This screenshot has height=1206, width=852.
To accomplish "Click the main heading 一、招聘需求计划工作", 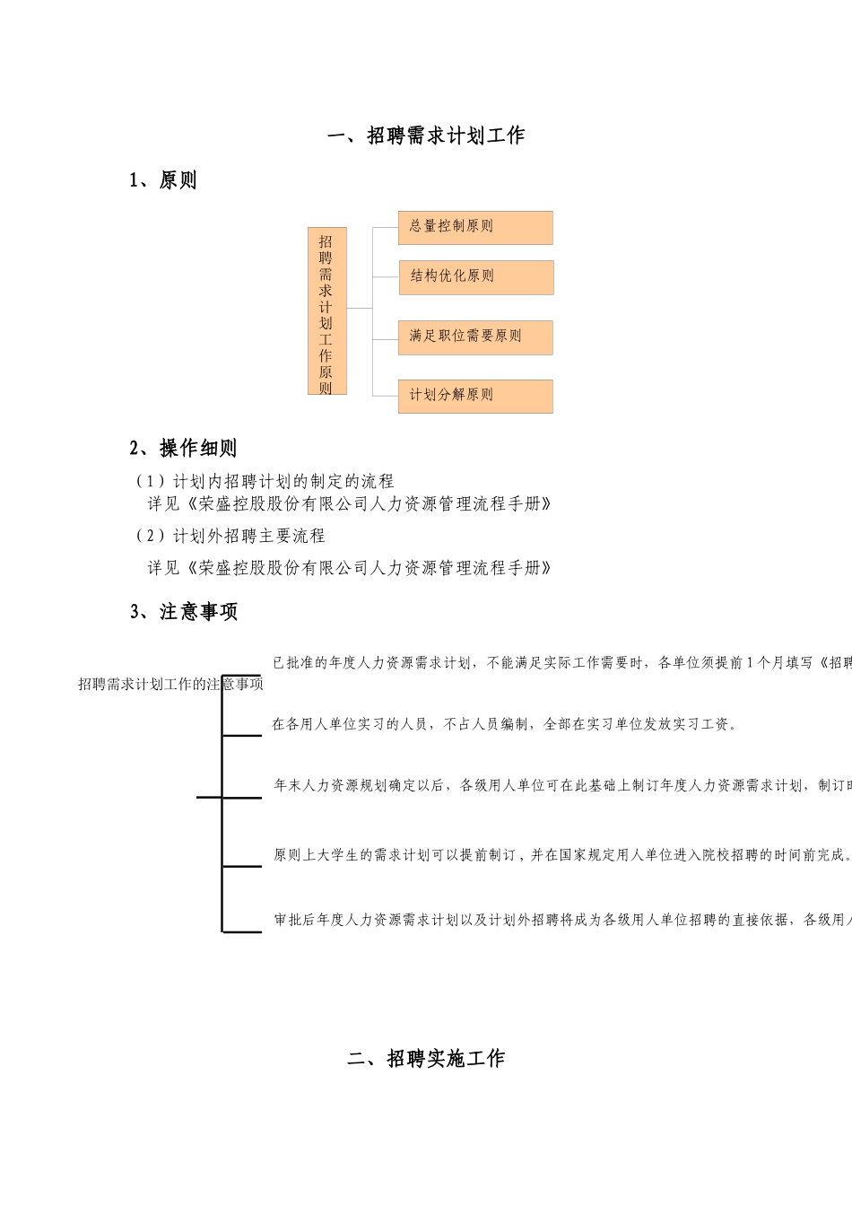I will (426, 136).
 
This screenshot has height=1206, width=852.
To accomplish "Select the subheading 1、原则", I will (163, 180).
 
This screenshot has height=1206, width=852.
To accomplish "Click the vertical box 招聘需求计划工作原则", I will (326, 311).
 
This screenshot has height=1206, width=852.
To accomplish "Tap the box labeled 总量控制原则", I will (475, 227).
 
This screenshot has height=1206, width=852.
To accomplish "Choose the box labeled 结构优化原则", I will (475, 277).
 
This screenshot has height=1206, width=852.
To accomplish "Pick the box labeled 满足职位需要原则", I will (475, 336).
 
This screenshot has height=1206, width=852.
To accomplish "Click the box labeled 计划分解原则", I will (475, 396).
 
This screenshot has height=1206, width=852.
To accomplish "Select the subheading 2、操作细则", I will (183, 448).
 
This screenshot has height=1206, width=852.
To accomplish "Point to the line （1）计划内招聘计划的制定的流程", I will (264, 482).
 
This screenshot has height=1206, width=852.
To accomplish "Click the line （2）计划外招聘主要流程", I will (230, 537).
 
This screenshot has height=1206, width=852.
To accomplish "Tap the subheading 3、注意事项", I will (184, 612).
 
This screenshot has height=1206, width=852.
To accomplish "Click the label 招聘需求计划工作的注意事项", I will (171, 685).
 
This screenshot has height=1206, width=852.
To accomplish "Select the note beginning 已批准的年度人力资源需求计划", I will (561, 663).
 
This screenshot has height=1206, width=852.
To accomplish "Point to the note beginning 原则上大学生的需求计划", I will (561, 855).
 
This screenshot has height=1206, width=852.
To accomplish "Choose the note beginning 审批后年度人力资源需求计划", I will (561, 920).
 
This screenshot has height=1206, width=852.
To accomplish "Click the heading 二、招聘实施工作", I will (426, 1059).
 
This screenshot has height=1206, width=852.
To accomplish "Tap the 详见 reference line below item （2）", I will (350, 568).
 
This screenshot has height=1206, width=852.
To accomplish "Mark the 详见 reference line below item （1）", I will (350, 504).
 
